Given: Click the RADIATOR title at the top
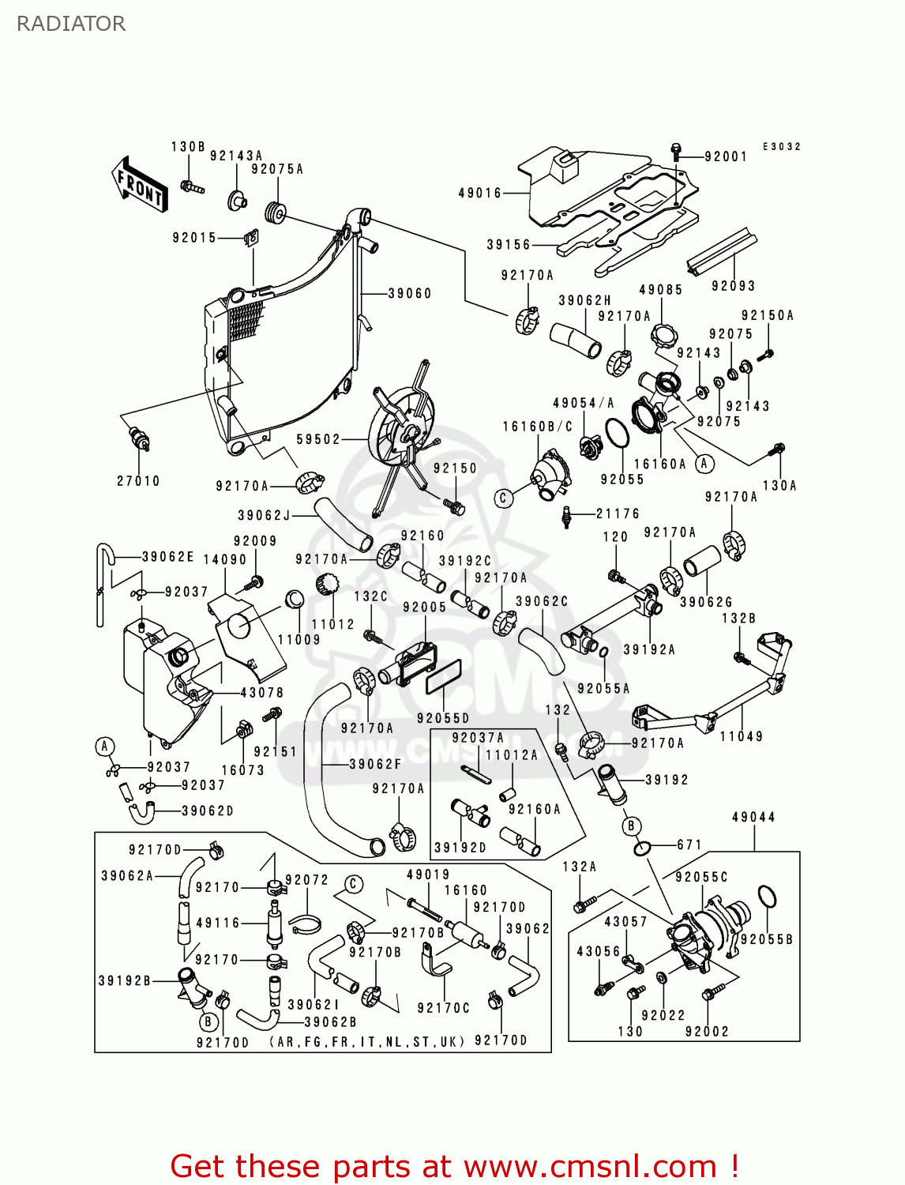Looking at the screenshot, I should [x=71, y=24].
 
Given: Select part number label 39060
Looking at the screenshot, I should [x=410, y=293].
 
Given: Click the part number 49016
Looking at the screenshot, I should [x=480, y=193].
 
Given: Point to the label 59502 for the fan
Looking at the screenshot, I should [x=318, y=439].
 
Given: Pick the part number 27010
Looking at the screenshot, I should [x=138, y=480].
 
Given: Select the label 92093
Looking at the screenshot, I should [x=733, y=286].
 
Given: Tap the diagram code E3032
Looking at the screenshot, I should [x=782, y=147].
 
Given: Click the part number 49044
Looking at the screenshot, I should [x=753, y=817].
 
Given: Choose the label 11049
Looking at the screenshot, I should [x=742, y=736].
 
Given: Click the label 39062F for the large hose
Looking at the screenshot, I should [x=376, y=764].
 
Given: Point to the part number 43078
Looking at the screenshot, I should [x=262, y=692].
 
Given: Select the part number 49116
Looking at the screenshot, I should [x=218, y=922].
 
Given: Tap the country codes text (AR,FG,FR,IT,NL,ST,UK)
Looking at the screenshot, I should [x=367, y=1042].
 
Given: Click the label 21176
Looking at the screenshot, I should [x=618, y=513].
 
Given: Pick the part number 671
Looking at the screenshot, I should [x=689, y=845].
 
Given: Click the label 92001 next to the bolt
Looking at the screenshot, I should [x=726, y=156].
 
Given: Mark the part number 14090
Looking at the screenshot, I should [x=225, y=559].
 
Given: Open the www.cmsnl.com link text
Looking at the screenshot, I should [x=590, y=1166].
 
